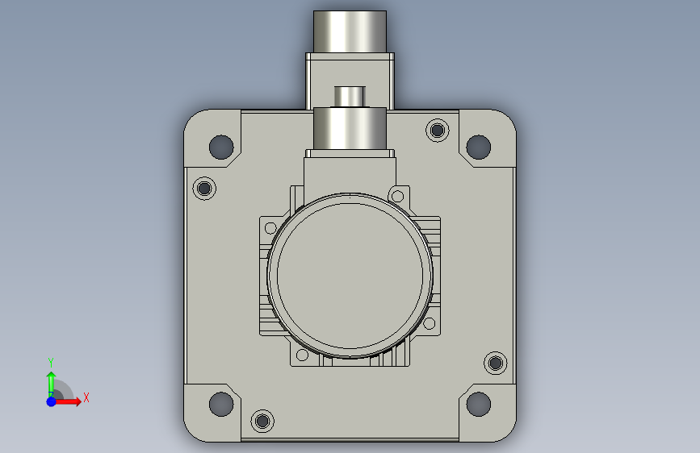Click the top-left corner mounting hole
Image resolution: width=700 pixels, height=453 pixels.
point(221,147)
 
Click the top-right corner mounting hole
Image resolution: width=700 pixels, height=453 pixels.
point(478,147)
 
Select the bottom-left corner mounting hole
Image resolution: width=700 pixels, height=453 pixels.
point(221,404)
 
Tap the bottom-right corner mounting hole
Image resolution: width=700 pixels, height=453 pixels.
point(478,404)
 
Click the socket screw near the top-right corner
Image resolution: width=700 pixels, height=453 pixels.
point(438,131)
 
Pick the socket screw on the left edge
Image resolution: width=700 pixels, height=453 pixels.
point(204,188)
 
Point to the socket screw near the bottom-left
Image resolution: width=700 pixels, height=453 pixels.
point(262,421)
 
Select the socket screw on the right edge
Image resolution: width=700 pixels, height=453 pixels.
point(496,363)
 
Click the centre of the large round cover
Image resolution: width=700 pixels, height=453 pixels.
point(350,276)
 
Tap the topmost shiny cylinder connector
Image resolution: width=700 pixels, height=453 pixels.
point(350,31)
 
